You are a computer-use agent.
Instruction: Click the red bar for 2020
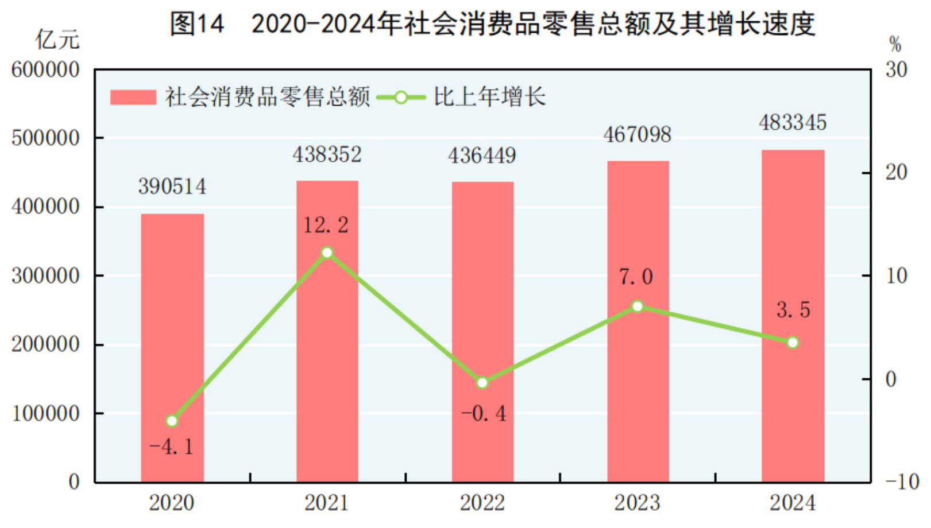click(x=172, y=347)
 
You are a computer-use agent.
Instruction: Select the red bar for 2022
click(x=482, y=332)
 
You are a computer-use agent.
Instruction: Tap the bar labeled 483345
click(x=793, y=316)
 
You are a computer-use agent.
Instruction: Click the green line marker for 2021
click(x=327, y=253)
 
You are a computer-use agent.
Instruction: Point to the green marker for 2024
click(x=793, y=343)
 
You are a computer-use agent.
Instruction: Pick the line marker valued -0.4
click(x=482, y=383)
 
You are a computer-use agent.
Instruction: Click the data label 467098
click(x=637, y=135)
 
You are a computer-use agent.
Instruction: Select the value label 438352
click(x=327, y=154)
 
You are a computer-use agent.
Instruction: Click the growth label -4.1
click(x=171, y=447)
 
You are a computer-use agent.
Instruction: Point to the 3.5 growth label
click(x=793, y=310)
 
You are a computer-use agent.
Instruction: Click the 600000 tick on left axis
click(x=45, y=70)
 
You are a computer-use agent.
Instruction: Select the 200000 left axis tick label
click(x=45, y=344)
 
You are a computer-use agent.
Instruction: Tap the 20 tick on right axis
click(x=896, y=172)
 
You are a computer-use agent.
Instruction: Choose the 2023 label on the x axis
click(x=637, y=503)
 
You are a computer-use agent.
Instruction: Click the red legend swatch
click(x=133, y=97)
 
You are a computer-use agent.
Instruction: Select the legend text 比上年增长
click(x=489, y=97)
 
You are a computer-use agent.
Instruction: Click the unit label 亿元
click(x=57, y=40)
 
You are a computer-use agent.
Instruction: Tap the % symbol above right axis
click(x=895, y=44)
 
